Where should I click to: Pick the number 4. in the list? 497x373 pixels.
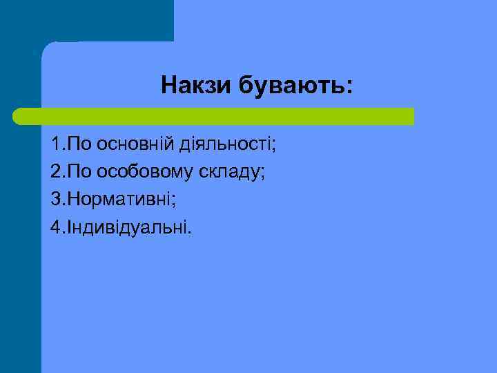57,227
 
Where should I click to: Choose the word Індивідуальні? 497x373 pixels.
128,227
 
